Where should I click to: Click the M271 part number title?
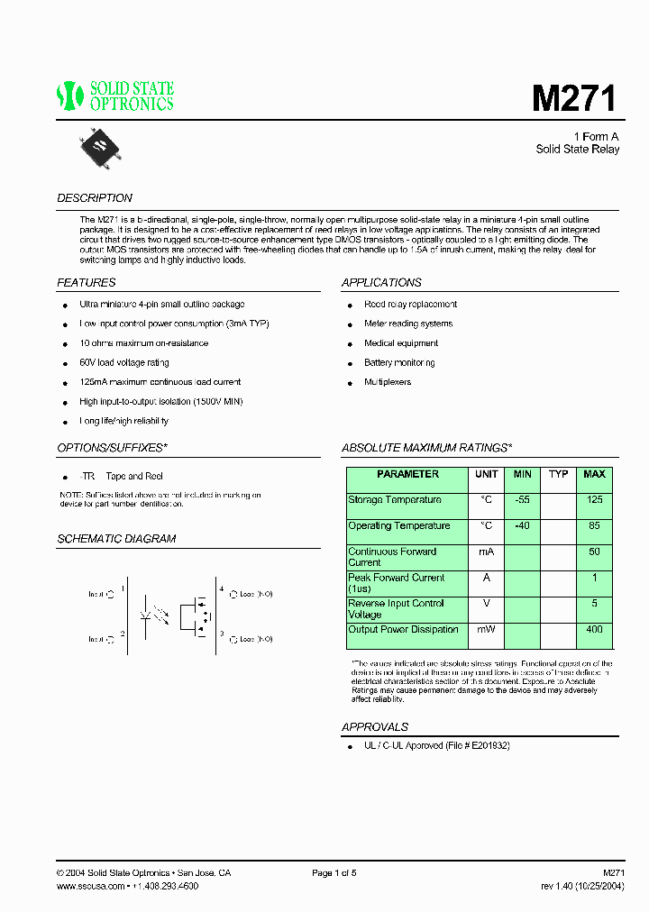574,97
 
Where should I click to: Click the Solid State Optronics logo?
115,96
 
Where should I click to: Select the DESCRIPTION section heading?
95,198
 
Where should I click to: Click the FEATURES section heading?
87,283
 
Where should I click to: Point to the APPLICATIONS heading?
381,283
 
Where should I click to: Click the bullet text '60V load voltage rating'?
124,362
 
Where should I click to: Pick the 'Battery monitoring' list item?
399,362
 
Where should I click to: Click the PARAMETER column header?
407,474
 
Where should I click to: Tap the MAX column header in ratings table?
594,474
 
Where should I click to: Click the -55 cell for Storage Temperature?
522,500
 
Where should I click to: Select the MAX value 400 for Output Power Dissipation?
594,630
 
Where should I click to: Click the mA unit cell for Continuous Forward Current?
486,552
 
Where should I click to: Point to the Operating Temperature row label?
399,526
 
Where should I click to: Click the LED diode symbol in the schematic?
145,616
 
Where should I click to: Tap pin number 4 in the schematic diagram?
222,588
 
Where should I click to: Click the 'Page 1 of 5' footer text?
334,873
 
